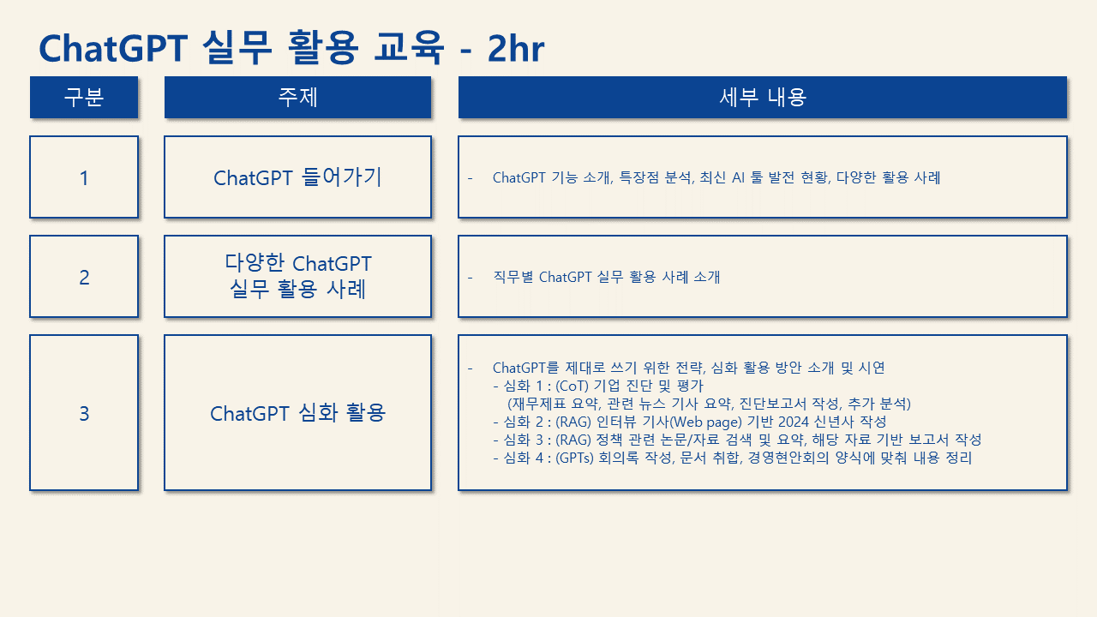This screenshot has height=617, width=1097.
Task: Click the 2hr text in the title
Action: pyautogui.click(x=516, y=49)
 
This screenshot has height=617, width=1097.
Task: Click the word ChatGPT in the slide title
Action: pyautogui.click(x=113, y=49)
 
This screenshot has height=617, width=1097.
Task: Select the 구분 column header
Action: pyautogui.click(x=84, y=97)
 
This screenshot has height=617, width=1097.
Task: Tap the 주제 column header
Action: pyautogui.click(x=297, y=97)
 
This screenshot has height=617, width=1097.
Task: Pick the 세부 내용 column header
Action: pyautogui.click(x=763, y=97)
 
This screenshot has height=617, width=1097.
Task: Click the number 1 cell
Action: pyautogui.click(x=84, y=177)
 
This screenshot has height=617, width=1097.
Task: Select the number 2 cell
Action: pyautogui.click(x=84, y=277)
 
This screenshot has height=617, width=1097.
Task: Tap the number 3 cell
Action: pyautogui.click(x=84, y=413)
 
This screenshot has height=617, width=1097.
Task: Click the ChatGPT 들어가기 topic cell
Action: pyautogui.click(x=297, y=177)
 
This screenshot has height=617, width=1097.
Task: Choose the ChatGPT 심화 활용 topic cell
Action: pyautogui.click(x=297, y=413)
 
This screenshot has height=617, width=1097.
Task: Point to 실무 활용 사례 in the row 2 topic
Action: pyautogui.click(x=297, y=289)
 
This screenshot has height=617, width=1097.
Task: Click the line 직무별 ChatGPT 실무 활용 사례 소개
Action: pyautogui.click(x=606, y=277)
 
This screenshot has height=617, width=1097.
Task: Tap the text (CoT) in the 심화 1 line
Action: pyautogui.click(x=572, y=386)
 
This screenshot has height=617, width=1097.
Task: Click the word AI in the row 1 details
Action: pyautogui.click(x=738, y=177)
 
